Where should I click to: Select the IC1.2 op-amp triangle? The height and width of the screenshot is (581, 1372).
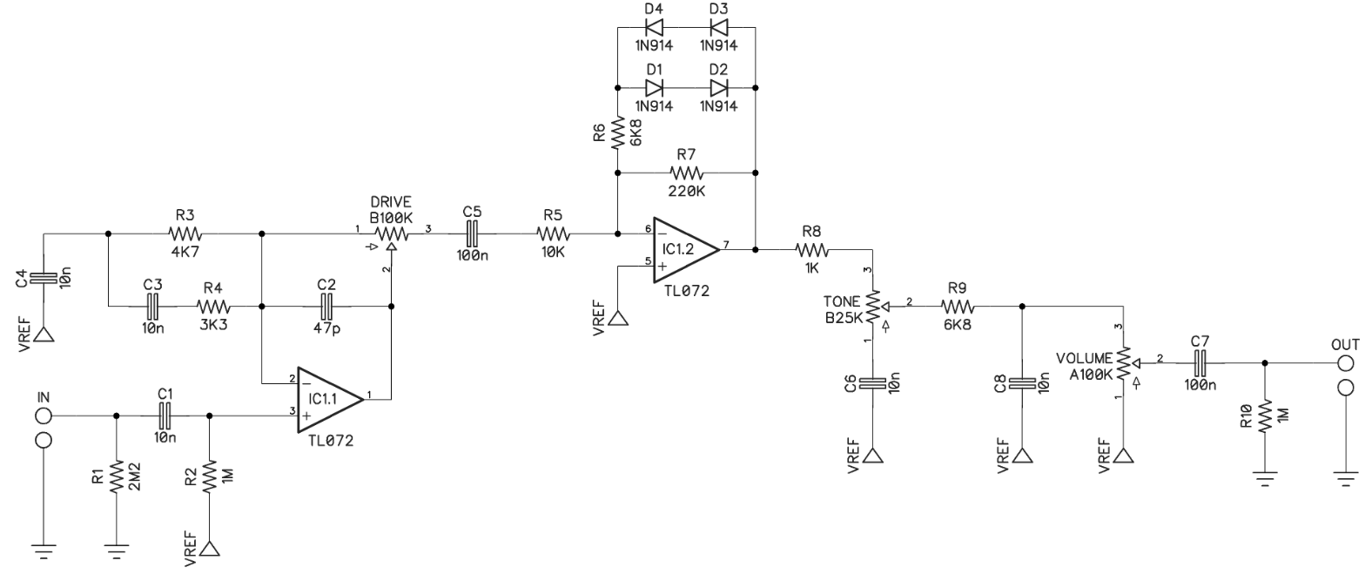point(685,249)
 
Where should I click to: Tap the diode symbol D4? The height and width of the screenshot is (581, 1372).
point(655,28)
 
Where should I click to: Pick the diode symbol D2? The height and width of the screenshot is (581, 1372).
point(718,88)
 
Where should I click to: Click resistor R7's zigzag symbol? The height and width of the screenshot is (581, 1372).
point(687,172)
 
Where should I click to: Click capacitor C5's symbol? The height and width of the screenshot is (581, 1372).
point(472,233)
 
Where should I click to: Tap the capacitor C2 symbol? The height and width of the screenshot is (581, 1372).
point(327,306)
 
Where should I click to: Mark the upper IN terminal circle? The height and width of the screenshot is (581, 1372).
point(44,416)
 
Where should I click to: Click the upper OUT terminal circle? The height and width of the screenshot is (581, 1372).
point(1345,363)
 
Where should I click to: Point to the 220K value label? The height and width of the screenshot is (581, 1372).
point(686,192)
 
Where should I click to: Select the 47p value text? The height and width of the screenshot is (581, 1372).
point(326,328)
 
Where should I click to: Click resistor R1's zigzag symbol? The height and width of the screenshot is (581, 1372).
point(117,477)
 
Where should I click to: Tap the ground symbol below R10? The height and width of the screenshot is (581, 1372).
point(1265,478)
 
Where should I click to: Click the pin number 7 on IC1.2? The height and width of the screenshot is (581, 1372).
point(726,245)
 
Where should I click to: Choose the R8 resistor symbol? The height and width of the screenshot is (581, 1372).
point(812,250)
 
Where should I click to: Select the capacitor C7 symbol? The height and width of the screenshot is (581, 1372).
point(1200,363)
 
